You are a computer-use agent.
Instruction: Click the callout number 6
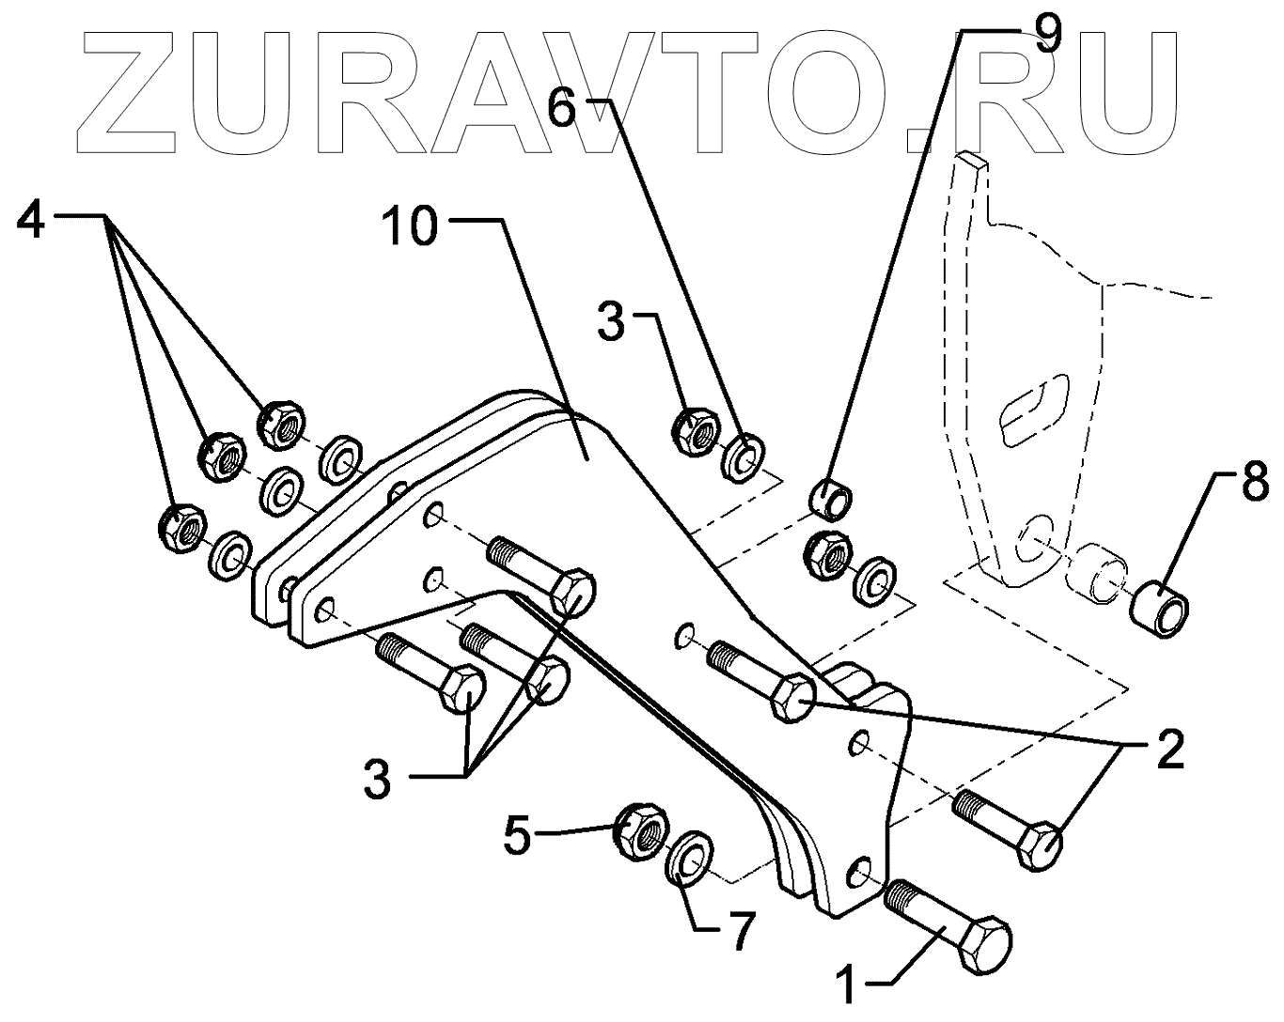(x=561, y=110)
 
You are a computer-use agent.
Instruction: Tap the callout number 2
(x=1166, y=749)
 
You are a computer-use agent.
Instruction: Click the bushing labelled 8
(x=1163, y=609)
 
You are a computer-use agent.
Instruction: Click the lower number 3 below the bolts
(x=378, y=779)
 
